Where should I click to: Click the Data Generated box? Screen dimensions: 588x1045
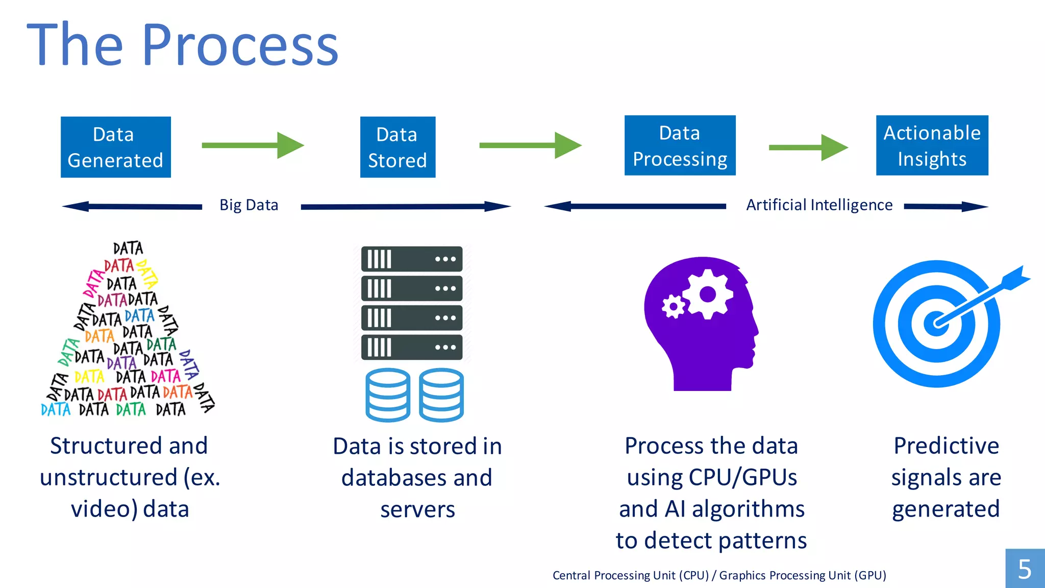116,147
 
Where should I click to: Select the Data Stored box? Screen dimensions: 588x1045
397,147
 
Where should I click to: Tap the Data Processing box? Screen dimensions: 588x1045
680,145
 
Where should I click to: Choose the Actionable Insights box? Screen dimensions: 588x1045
932,145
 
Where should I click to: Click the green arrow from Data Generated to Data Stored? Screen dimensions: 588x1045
253,145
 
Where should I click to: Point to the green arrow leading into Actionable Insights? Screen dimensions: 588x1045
808,148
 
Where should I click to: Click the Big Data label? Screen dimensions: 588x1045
249,205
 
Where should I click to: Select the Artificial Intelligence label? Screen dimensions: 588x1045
819,205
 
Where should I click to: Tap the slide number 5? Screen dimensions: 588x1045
1025,569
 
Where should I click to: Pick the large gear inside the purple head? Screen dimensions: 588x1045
708,295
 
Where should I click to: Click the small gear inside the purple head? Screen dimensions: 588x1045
673,307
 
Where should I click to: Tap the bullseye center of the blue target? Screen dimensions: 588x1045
937,324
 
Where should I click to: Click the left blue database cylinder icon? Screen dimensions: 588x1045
388,395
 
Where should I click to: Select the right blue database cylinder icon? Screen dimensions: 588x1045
441,395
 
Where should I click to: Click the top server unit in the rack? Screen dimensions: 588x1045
412,259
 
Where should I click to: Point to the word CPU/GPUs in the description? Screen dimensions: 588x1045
742,478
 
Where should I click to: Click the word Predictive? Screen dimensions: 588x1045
946,446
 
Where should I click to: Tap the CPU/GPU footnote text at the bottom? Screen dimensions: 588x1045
719,575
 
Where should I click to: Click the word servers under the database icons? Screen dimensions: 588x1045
417,509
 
